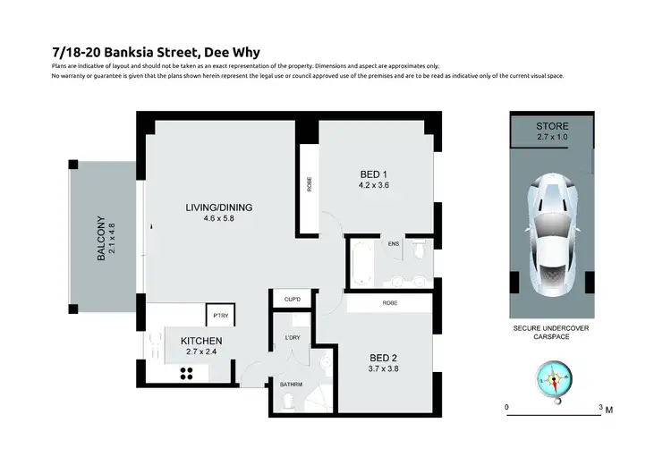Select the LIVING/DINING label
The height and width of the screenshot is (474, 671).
218,207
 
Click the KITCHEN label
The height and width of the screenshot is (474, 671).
201,341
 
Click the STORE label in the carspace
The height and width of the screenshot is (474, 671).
552,127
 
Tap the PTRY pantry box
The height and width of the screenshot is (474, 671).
219,315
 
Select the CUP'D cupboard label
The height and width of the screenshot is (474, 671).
291,299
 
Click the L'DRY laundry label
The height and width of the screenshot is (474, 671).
292,338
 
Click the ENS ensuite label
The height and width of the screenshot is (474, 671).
393,243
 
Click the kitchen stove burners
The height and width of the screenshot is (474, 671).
188,375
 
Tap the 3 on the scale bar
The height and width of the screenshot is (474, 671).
600,408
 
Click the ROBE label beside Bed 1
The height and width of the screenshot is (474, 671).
310,183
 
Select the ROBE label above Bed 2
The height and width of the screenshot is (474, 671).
389,303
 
